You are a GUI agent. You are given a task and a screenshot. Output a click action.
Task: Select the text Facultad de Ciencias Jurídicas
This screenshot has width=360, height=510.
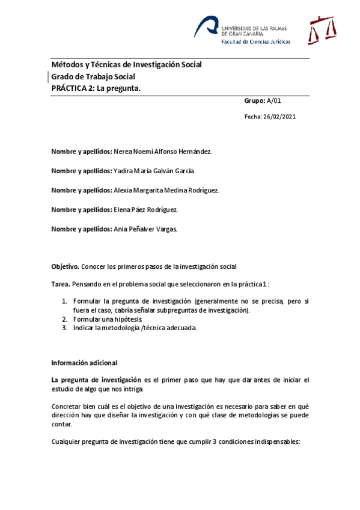255,42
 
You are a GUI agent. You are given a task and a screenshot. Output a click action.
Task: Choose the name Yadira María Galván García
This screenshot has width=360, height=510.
154,171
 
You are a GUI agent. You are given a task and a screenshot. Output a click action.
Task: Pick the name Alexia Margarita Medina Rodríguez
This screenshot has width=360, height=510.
166,190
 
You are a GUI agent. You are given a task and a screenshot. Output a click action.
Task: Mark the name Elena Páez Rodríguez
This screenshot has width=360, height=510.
145,209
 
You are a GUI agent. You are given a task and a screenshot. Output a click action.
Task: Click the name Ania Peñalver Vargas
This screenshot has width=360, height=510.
145,229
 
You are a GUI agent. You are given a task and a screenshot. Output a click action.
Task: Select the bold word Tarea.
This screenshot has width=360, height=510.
61,283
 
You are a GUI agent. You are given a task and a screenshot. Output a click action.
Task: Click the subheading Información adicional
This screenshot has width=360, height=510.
84,363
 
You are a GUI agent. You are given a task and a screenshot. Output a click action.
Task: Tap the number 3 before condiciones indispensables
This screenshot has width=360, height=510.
216,442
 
